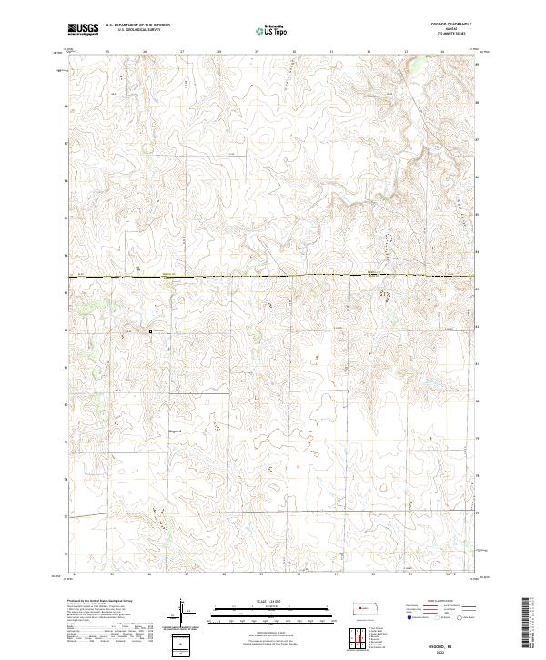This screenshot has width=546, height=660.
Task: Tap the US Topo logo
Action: pos(272,29)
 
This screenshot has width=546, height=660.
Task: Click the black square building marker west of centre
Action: pos(150,331)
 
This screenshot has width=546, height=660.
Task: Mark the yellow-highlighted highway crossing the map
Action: pos(273,276)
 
